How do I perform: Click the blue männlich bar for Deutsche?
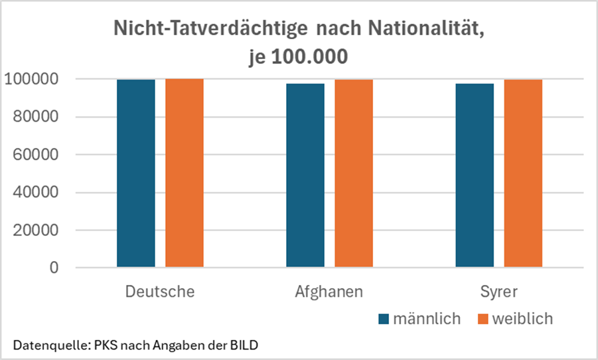coord(136,173)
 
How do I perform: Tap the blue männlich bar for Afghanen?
coord(305,175)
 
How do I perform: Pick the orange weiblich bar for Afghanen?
coord(354,173)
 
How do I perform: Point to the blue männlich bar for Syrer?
coord(475,175)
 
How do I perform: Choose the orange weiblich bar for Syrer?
coord(523,173)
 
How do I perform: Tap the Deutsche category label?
coord(160,292)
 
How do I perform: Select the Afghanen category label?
coord(329,292)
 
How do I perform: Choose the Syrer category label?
coord(498,292)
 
